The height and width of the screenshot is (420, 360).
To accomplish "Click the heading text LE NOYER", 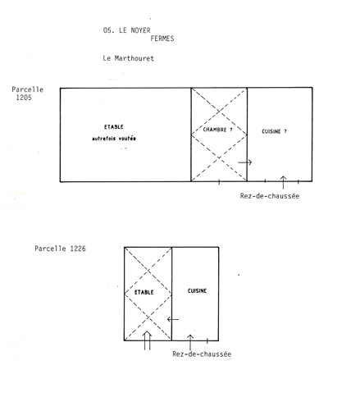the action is pyautogui.click(x=134, y=30).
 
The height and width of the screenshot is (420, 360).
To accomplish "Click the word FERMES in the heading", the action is pyautogui.click(x=162, y=39).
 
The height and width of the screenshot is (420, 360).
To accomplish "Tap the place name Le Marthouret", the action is pyautogui.click(x=129, y=58).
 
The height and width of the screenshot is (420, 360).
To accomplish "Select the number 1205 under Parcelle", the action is pyautogui.click(x=24, y=98).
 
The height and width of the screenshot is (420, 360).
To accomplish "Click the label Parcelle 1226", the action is pyautogui.click(x=60, y=249).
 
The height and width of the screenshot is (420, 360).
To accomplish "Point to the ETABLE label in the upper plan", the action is pyautogui.click(x=114, y=127).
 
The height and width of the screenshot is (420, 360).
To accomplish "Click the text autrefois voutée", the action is pyautogui.click(x=114, y=139).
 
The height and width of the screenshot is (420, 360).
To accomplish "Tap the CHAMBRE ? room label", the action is pyautogui.click(x=217, y=130).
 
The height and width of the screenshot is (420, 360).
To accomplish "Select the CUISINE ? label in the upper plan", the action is pyautogui.click(x=274, y=131).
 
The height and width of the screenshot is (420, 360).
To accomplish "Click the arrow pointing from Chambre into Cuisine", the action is pyautogui.click(x=244, y=162).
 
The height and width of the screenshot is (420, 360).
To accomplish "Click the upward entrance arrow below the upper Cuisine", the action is pyautogui.click(x=283, y=182).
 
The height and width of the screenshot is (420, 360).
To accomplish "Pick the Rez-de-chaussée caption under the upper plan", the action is pyautogui.click(x=270, y=196).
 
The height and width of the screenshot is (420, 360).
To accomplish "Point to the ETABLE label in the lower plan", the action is pyautogui.click(x=144, y=292).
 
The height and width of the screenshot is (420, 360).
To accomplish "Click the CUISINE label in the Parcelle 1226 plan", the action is pyautogui.click(x=197, y=291).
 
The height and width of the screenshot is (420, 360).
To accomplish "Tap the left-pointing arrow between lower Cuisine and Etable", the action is pyautogui.click(x=173, y=319).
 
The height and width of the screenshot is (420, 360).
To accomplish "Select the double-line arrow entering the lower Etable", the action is pyautogui.click(x=147, y=340).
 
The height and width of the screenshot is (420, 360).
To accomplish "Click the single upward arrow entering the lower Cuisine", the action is pyautogui.click(x=190, y=342).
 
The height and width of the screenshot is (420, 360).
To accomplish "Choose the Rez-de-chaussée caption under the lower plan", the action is pyautogui.click(x=202, y=354).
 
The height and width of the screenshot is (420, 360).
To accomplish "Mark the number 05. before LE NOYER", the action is pyautogui.click(x=109, y=30).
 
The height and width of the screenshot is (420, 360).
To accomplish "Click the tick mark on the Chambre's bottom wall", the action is pyautogui.click(x=219, y=182).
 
